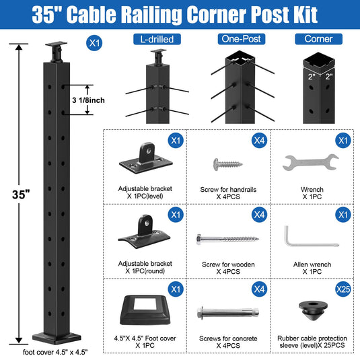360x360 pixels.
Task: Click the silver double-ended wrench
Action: [x=310, y=162]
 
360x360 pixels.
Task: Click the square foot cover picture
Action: [x=145, y=310]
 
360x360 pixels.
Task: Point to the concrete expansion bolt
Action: [x=227, y=313]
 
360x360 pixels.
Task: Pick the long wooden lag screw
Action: [x=227, y=240]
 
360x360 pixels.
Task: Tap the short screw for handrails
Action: [x=227, y=164]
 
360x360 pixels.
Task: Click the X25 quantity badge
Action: [x=343, y=289]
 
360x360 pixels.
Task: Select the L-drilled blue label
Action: [x=157, y=39]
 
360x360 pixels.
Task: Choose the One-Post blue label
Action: [x=242, y=39]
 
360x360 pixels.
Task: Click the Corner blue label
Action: [x=319, y=39]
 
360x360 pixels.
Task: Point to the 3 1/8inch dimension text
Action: [x=88, y=100]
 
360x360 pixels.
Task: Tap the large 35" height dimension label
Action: [x=21, y=194]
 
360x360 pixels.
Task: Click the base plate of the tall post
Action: [x=57, y=338]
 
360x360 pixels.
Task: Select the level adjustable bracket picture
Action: [x=146, y=158]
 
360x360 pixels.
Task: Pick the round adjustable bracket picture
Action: [x=144, y=231]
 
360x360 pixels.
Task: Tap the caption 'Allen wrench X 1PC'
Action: [x=312, y=268]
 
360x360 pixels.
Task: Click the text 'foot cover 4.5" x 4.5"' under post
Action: [x=55, y=352]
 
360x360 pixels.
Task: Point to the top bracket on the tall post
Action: [x=57, y=52]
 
